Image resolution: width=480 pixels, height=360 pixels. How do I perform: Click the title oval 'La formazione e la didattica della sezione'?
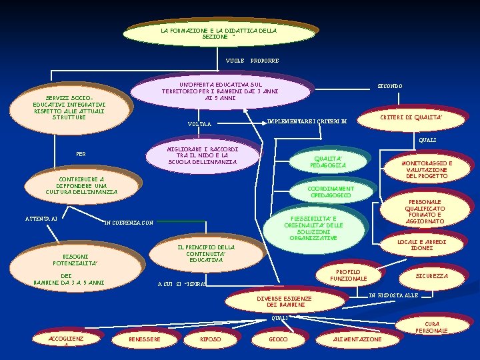219,33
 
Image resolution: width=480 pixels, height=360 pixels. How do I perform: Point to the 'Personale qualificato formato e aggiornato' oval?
425,212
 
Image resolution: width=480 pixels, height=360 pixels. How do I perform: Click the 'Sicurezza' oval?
431,275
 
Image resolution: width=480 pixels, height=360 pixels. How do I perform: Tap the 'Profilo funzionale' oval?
347,275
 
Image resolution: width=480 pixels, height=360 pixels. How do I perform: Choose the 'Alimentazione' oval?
357,339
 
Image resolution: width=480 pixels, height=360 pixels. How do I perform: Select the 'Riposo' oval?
211,339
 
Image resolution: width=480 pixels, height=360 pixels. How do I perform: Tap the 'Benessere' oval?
144,339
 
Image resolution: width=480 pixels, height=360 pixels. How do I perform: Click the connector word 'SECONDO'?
390,86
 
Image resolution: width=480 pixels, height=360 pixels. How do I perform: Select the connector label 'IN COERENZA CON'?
129,222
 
